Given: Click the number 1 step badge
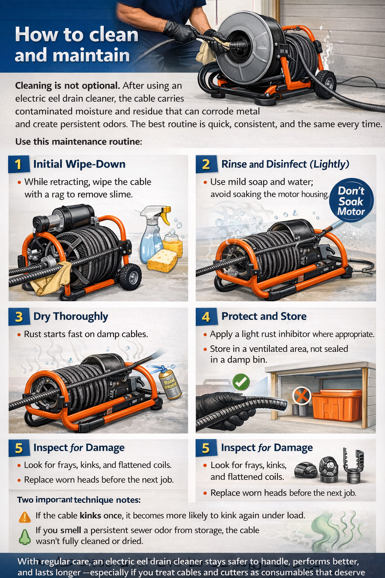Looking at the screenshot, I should point(18,164).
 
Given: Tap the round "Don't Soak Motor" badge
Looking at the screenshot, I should point(351,201).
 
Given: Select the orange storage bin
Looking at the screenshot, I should point(336,405).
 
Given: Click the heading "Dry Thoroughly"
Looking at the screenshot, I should point(71,316).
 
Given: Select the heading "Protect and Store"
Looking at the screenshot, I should point(264,316).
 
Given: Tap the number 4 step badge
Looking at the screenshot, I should point(206,317).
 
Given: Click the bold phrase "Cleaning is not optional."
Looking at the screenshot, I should point(68,86).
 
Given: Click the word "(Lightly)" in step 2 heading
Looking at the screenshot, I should point(329,164).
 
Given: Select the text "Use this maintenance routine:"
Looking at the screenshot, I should point(79,142).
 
